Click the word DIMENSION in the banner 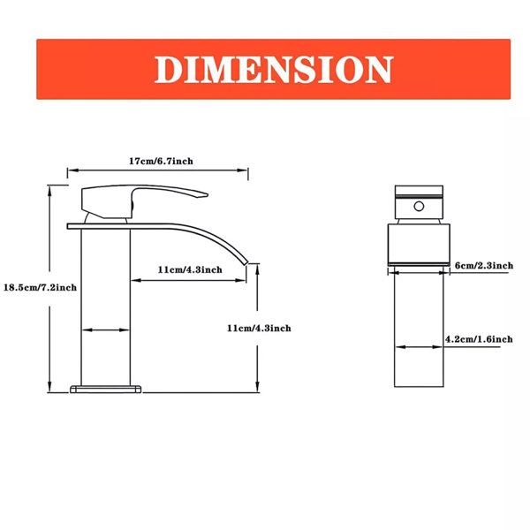tap(273, 70)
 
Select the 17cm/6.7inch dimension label tap(161, 161)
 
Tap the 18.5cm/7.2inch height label tap(40, 288)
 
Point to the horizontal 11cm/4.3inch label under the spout tap(190, 269)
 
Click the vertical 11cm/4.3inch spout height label tap(259, 329)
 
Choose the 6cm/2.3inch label tap(484, 266)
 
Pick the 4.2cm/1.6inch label tap(479, 339)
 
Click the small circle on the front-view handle tap(419, 206)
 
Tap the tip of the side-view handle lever tap(207, 194)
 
